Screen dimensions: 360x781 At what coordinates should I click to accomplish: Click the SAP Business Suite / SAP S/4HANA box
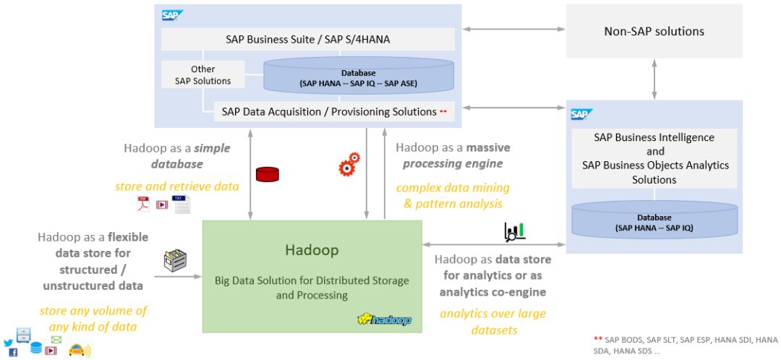click(307, 39)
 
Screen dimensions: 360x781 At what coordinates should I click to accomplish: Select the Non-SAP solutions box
click(654, 32)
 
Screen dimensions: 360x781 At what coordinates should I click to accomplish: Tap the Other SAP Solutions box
click(202, 75)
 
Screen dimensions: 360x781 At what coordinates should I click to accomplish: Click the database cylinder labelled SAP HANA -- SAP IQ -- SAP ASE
click(359, 76)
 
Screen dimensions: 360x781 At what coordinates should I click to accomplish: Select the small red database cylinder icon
click(267, 173)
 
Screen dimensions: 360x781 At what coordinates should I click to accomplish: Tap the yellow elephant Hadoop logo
click(384, 319)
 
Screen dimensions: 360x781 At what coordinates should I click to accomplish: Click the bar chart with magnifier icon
click(514, 231)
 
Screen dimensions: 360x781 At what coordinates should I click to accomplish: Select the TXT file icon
click(182, 204)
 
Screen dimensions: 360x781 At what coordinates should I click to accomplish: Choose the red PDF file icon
click(143, 204)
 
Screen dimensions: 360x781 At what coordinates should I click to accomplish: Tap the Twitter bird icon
click(9, 343)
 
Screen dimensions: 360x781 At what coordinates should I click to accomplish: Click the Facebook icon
click(13, 353)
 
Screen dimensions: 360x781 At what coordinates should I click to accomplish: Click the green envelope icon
click(56, 339)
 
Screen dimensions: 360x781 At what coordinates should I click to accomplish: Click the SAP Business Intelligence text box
click(654, 158)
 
